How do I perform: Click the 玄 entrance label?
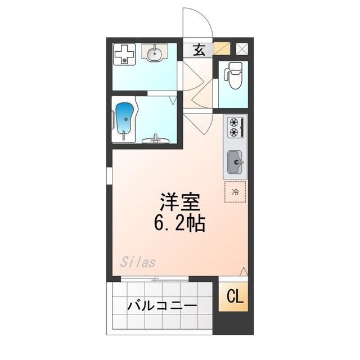tap(199, 49)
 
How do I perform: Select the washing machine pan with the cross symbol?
tap(124, 54)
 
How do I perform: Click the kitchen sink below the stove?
tap(235, 163)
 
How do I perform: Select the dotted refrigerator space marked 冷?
tap(235, 192)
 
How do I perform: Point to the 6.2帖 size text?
tap(180, 224)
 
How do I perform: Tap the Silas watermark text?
tap(138, 262)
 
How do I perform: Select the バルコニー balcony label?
tap(161, 306)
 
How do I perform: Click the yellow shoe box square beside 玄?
tap(222, 49)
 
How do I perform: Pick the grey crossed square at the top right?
tap(242, 49)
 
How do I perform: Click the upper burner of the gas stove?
tap(232, 121)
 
